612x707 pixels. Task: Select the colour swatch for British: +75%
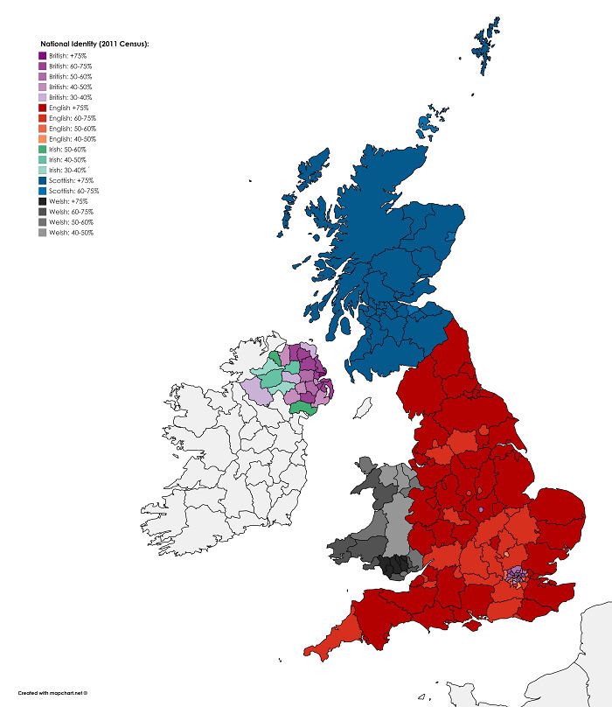point(42,55)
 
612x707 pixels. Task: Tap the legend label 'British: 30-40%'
point(71,97)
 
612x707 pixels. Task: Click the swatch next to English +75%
point(42,108)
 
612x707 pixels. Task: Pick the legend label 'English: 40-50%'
point(72,139)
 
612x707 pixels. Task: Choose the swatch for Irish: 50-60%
point(42,150)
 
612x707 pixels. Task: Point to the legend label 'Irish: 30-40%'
point(67,170)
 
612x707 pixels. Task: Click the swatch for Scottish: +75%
point(42,180)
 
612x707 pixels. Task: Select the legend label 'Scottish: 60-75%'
point(73,191)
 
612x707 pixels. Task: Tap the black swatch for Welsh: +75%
point(42,201)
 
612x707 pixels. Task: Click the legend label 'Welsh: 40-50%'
point(71,233)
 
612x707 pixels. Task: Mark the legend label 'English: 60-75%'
point(72,118)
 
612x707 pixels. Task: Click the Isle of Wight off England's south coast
point(476,623)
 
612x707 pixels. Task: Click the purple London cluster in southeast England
point(517,576)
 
